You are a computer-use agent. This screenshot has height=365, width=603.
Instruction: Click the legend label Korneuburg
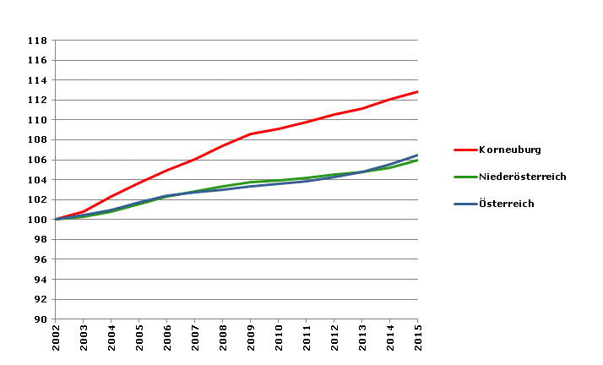click(x=509, y=150)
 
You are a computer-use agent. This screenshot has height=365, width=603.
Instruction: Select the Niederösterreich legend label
click(x=522, y=177)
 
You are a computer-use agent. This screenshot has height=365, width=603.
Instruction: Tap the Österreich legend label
click(x=507, y=204)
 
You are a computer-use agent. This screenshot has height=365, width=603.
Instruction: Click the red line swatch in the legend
click(x=464, y=150)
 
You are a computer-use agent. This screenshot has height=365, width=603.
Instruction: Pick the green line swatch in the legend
click(x=464, y=177)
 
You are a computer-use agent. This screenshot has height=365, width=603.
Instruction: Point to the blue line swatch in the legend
click(x=464, y=204)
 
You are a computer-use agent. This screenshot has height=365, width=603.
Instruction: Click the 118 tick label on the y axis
click(x=37, y=41)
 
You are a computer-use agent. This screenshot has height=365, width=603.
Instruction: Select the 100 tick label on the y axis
click(x=37, y=220)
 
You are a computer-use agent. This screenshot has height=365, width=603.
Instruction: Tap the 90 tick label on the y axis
click(x=40, y=319)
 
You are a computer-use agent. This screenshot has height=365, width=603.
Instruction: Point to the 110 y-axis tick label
click(x=37, y=120)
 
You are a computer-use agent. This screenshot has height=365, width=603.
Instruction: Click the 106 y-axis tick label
click(x=37, y=160)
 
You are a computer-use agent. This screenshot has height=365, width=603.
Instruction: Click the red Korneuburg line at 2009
click(x=251, y=133)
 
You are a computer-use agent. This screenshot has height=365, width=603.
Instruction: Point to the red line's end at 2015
click(x=417, y=91)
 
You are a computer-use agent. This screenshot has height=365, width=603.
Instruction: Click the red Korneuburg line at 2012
click(x=334, y=114)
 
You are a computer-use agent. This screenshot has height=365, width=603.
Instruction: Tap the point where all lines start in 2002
click(x=56, y=220)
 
